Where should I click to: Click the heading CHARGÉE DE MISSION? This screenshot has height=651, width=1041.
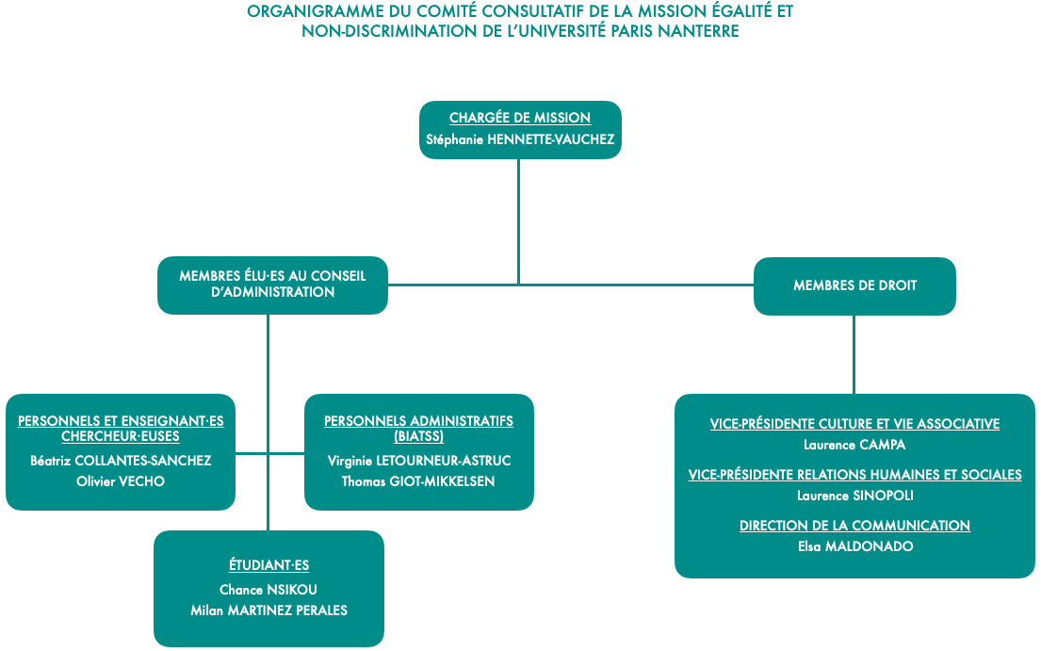(x=520, y=118)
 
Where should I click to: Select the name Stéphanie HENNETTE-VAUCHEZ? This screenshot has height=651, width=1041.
(x=520, y=139)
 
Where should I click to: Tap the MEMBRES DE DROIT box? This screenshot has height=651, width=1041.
(x=854, y=286)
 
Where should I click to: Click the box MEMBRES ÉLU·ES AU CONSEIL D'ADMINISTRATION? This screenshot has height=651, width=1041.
(x=272, y=285)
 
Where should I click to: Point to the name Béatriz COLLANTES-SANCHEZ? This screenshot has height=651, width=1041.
(x=121, y=461)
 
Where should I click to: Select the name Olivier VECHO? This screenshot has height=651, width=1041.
(x=121, y=481)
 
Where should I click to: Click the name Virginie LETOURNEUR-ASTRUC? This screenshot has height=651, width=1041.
(x=419, y=461)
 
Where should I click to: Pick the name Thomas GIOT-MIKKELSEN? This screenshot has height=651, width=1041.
(x=418, y=481)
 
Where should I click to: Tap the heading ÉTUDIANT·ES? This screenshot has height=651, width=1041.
(x=268, y=564)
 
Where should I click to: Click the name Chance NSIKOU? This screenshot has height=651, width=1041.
(x=268, y=589)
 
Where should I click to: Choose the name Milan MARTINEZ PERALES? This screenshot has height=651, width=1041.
(x=268, y=610)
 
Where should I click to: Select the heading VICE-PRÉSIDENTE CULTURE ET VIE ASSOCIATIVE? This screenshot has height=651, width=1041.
(x=854, y=424)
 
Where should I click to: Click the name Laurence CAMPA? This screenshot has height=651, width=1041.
(x=854, y=445)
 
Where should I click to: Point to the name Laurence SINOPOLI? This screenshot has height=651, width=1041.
(x=855, y=496)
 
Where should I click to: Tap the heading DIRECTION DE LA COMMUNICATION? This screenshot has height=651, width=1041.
(x=854, y=526)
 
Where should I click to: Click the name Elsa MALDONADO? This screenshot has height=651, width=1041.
(x=855, y=546)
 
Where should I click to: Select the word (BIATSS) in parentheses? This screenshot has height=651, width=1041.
(x=419, y=436)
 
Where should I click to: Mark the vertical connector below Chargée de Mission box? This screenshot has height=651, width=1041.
(x=518, y=221)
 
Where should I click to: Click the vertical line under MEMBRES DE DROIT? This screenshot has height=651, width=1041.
(x=854, y=354)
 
